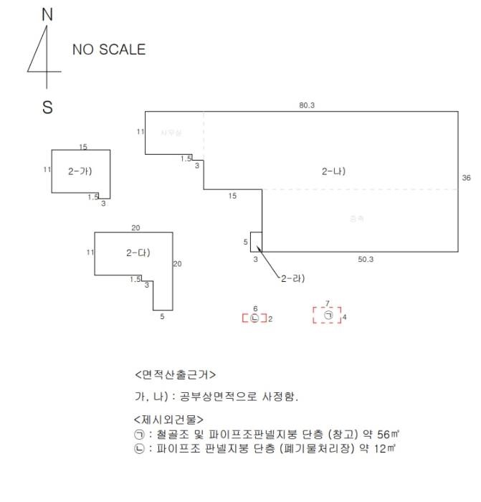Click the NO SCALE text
coord(108,49)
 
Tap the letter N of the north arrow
coord(47,14)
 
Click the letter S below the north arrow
coord(47,108)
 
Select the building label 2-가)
coord(80,171)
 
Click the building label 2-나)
coord(334,171)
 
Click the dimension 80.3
coord(307,105)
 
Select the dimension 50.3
coord(365,259)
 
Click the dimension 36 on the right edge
coord(466,178)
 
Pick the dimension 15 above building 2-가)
coord(83,147)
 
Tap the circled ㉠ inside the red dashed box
coord(328,315)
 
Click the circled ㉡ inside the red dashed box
coord(254,318)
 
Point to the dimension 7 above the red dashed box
coord(327,303)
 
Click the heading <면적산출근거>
coord(174,375)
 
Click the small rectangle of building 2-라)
coord(256,242)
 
